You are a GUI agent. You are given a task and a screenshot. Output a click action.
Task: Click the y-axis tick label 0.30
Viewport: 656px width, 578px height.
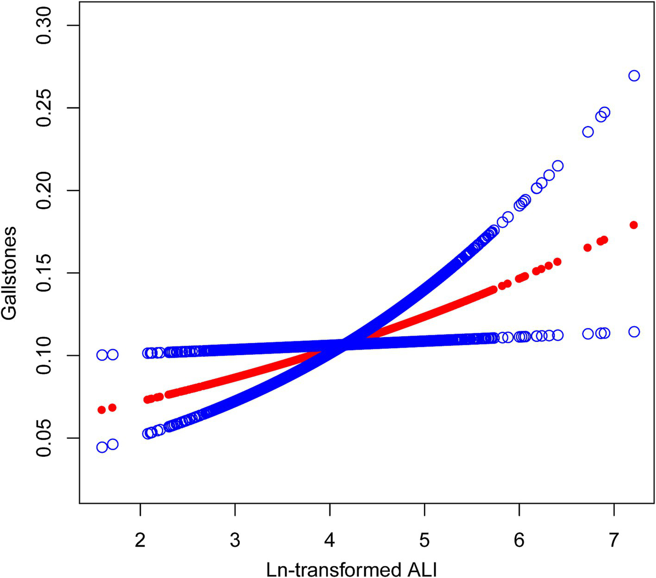pyautogui.click(x=45, y=25)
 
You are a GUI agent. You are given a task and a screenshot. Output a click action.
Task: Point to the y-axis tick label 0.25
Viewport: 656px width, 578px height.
pyautogui.click(x=45, y=108)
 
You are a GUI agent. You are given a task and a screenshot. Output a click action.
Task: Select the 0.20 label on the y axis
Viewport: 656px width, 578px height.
pyautogui.click(x=45, y=191)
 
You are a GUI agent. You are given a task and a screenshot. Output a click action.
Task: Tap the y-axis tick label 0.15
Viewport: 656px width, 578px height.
pyautogui.click(x=45, y=273)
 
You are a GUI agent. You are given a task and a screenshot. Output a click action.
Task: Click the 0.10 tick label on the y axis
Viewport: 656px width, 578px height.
pyautogui.click(x=45, y=356)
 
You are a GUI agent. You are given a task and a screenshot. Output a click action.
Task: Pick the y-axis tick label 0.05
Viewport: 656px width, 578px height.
pyautogui.click(x=45, y=438)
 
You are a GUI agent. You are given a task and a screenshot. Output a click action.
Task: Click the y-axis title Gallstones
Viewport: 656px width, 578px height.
pyautogui.click(x=9, y=273)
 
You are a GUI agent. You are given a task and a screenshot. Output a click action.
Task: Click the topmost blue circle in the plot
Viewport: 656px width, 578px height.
pyautogui.click(x=634, y=75)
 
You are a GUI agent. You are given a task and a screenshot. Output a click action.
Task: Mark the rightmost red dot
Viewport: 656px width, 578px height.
pyautogui.click(x=634, y=225)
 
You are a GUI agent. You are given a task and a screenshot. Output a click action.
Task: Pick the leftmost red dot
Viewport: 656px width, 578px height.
pyautogui.click(x=102, y=410)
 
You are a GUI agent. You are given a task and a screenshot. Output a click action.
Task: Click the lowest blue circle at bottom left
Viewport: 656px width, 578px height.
pyautogui.click(x=102, y=447)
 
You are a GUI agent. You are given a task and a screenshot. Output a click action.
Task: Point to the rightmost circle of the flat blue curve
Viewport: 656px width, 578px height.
pyautogui.click(x=634, y=332)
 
